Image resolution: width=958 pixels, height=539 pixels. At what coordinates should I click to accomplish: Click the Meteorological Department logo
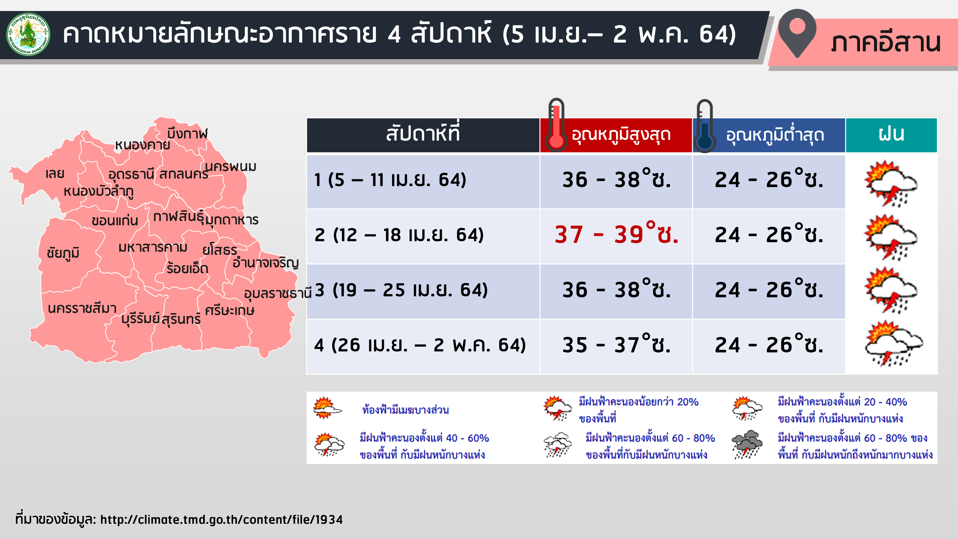click(x=28, y=34)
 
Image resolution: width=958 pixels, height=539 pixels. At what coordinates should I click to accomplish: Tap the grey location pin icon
click(x=797, y=33)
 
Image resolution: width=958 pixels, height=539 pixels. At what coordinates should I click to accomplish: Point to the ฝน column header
click(x=891, y=135)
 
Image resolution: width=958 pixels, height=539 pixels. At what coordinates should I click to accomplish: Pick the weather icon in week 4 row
click(x=893, y=344)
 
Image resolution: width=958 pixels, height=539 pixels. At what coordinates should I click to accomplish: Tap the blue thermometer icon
click(x=704, y=126)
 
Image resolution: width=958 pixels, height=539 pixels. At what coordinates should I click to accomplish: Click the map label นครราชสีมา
click(x=82, y=308)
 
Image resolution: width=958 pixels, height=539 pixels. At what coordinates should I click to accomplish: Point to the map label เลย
click(x=55, y=173)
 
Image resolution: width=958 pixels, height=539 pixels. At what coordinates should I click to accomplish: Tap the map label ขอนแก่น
click(x=115, y=220)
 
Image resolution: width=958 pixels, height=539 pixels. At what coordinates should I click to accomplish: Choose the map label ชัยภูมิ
click(x=63, y=253)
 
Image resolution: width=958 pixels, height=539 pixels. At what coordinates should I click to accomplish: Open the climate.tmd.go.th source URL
click(x=222, y=519)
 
